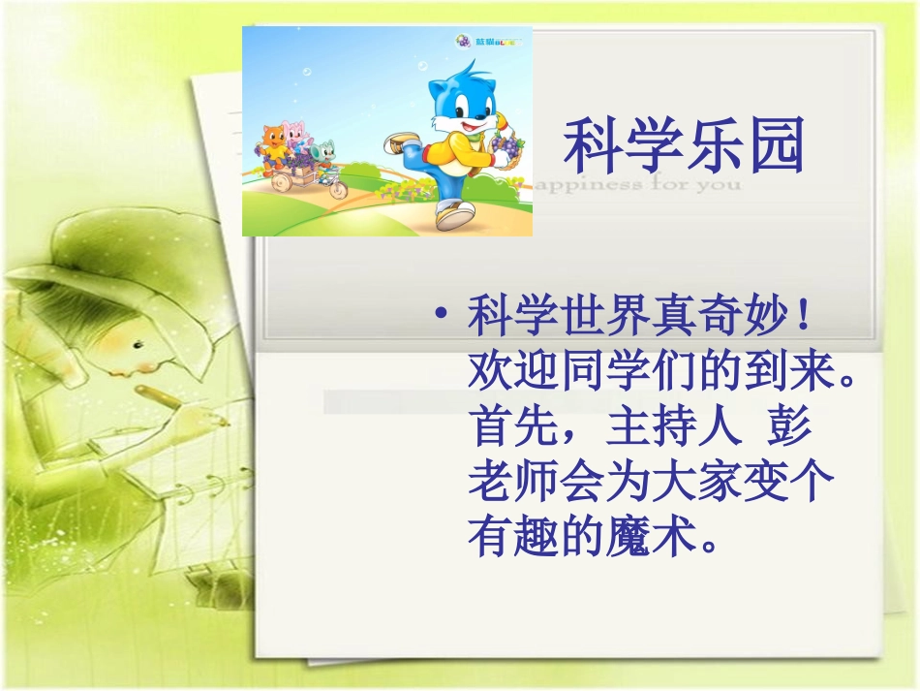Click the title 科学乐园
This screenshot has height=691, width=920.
coord(684,147)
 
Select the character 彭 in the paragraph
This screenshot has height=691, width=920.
coord(790,426)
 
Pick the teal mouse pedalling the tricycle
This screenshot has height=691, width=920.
coord(326,152)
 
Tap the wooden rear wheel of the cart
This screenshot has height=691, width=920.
coord(281,181)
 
